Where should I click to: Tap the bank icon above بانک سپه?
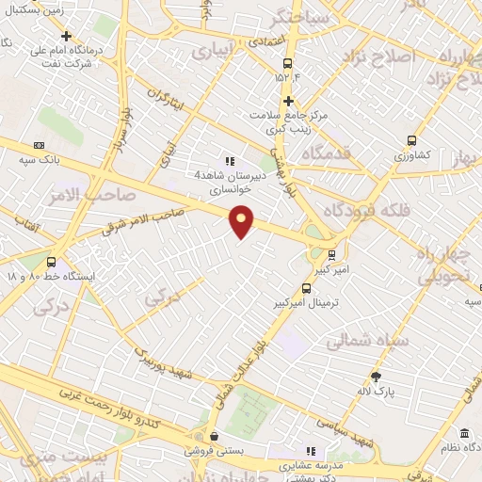click(x=39, y=145)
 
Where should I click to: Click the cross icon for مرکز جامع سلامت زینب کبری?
click(x=289, y=101)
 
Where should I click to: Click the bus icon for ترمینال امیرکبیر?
click(x=306, y=289)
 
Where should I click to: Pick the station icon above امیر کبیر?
click(x=330, y=254)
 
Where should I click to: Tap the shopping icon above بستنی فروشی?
click(x=216, y=436)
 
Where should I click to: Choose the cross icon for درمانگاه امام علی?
click(x=65, y=36)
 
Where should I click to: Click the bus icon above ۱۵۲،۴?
click(x=286, y=62)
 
